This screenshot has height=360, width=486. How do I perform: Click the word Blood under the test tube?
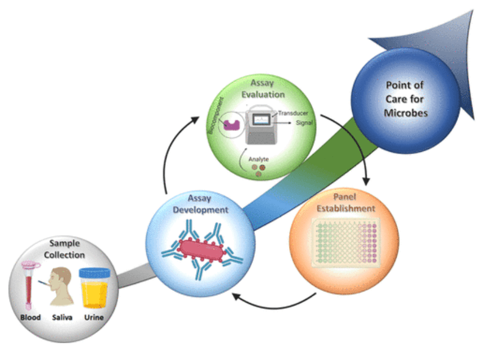pos(30,318)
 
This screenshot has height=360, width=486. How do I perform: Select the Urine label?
pos(93,318)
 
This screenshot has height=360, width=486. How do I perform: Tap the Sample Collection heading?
pos(62,249)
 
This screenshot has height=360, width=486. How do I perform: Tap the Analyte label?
pos(258,159)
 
